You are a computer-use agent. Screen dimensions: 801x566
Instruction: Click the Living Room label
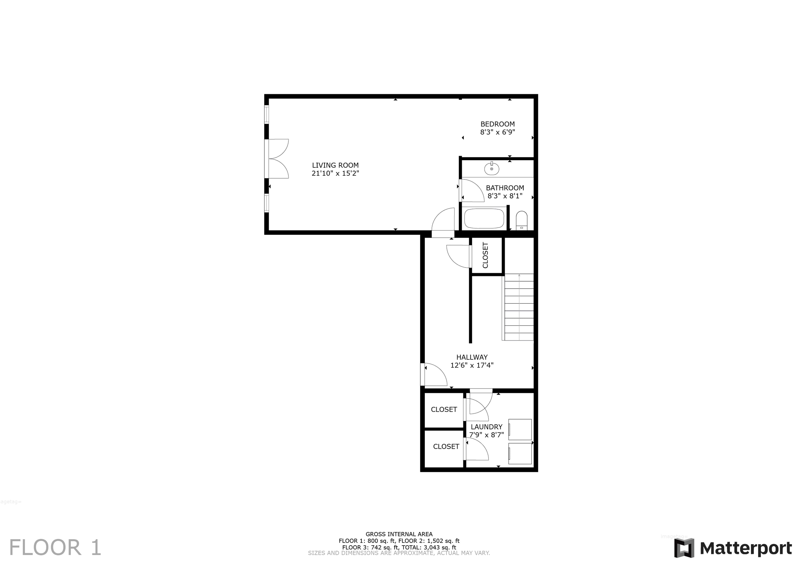pos(335,165)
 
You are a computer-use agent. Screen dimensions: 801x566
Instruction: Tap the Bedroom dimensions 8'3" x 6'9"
pos(497,132)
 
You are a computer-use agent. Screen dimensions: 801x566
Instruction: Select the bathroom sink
pos(492,169)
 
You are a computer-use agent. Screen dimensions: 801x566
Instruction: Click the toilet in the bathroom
pos(521,220)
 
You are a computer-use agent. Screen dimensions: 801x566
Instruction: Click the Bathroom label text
pos(505,188)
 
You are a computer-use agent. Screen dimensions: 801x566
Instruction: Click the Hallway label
pos(472,357)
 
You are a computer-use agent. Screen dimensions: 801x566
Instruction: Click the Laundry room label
pos(487,427)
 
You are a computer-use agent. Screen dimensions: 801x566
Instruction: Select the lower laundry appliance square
pos(520,454)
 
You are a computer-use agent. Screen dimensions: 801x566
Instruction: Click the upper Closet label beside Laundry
pos(444,409)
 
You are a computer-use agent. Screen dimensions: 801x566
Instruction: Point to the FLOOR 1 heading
pos(55,547)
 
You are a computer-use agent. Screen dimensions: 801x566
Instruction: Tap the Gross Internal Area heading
pos(399,534)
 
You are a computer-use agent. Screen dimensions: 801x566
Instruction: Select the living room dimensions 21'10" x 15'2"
pos(335,173)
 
